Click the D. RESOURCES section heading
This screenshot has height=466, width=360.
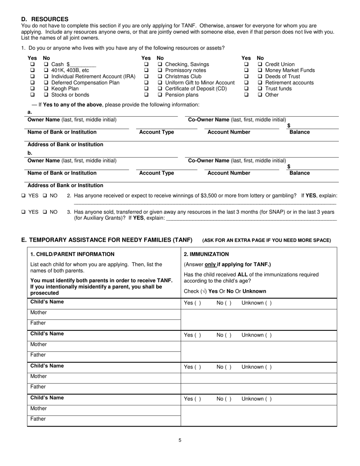[45, 19]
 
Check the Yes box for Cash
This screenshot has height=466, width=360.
[32, 64]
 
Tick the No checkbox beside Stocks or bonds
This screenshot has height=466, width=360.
[46, 95]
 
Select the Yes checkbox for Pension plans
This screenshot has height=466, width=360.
[146, 95]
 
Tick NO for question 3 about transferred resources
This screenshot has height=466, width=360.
[45, 212]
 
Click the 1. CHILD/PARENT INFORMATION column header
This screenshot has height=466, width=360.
[72, 254]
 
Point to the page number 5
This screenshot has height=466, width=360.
[180, 440]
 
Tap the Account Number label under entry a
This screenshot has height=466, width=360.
[229, 132]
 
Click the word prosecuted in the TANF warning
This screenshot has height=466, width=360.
[42, 293]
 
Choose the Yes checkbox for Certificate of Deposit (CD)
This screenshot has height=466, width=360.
[146, 89]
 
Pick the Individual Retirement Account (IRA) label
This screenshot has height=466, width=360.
[93, 77]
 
